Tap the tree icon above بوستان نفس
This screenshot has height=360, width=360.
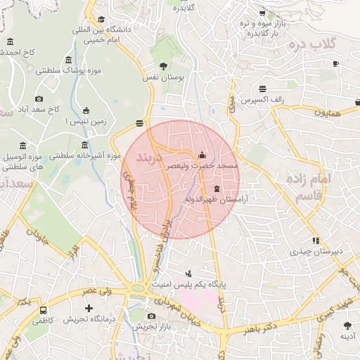(164, 66)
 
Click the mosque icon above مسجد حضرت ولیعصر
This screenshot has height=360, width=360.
(202, 155)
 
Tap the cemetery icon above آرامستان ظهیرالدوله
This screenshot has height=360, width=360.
(216, 188)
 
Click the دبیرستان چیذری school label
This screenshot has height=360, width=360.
(317, 251)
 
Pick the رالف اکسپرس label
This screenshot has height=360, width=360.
(262, 101)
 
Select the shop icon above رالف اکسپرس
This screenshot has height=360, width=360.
(262, 89)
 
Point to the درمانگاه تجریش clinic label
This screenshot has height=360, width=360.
(89, 319)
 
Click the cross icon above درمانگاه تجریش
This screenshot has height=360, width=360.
(89, 308)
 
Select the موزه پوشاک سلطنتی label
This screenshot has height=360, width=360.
(68, 71)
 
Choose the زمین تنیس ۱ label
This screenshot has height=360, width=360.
(86, 121)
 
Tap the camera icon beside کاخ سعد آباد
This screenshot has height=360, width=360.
(39, 99)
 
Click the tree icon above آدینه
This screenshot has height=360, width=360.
(347, 326)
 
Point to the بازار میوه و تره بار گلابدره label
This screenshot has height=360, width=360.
(265, 28)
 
